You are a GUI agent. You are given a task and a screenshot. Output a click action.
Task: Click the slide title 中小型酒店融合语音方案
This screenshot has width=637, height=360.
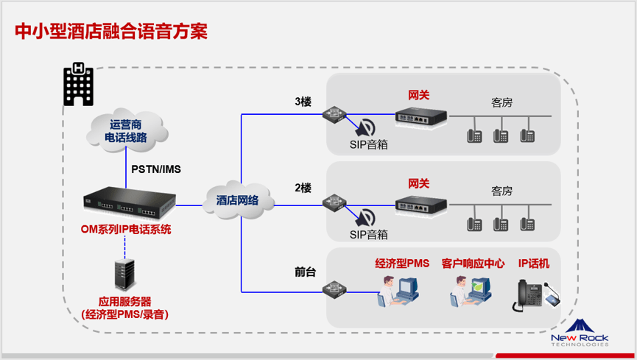click(110, 32)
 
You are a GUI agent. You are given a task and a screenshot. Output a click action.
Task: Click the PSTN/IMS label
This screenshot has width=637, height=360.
click(156, 169)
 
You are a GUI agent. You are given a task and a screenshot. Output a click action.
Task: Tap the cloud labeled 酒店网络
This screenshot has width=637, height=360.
click(237, 200)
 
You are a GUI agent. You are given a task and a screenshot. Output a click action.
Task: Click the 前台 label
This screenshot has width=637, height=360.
click(305, 272)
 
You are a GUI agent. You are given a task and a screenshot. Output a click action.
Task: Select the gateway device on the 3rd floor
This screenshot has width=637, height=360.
click(420, 116)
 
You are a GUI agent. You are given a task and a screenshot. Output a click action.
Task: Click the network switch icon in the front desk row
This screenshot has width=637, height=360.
click(334, 288)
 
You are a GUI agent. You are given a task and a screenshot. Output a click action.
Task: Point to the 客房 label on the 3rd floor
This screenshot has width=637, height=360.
click(501, 102)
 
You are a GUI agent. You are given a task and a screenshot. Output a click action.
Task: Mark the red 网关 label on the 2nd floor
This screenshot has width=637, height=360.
click(418, 183)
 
